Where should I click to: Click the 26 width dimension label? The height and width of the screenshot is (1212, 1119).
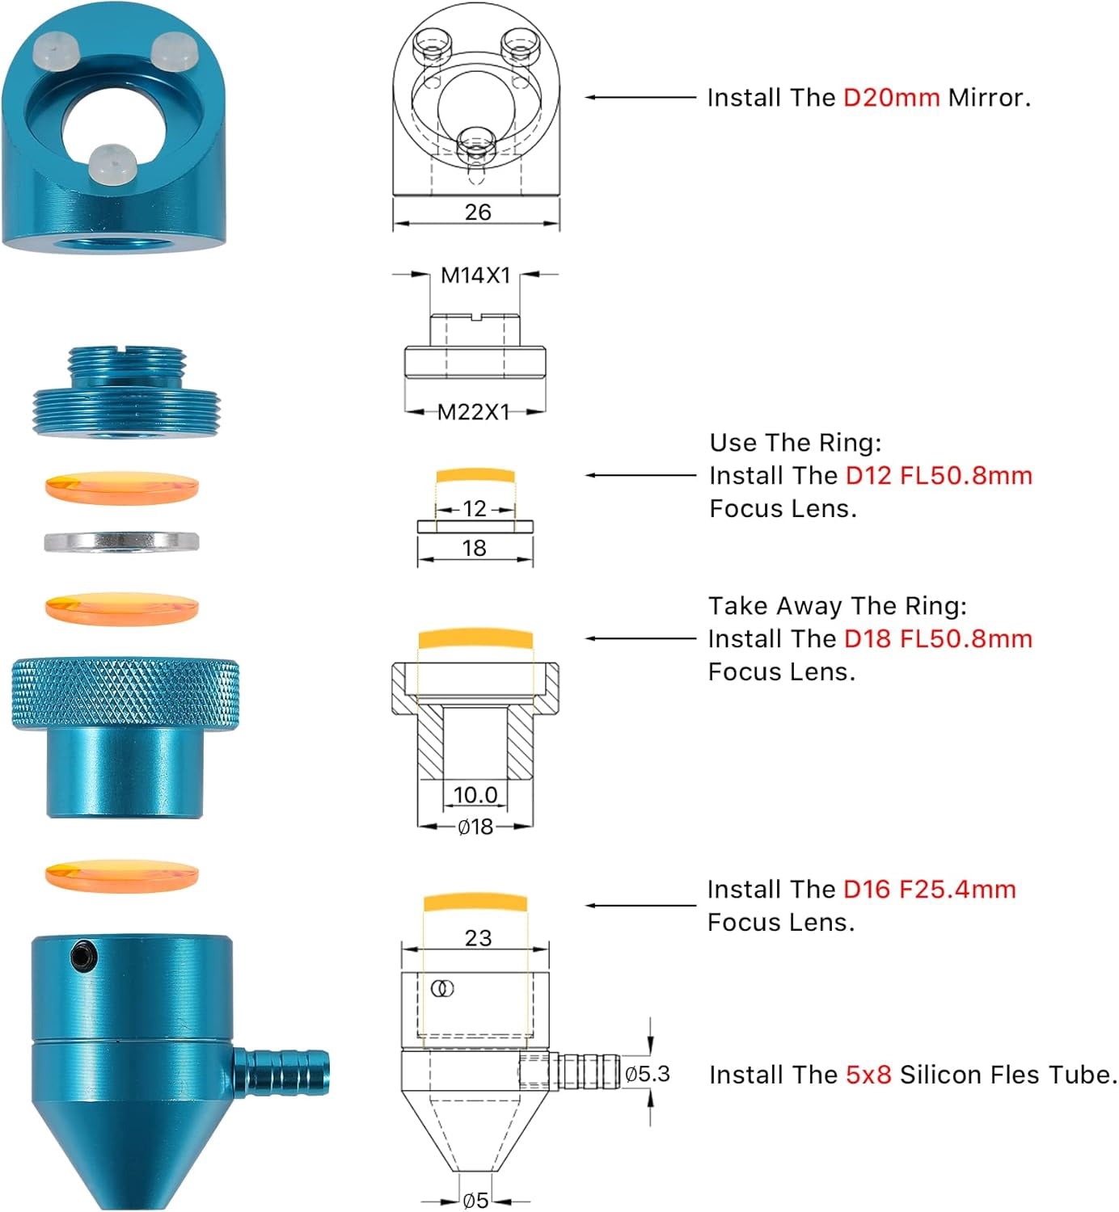(477, 212)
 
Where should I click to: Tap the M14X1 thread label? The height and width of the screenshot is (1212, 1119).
(475, 276)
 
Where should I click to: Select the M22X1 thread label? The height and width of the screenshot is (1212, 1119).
(473, 412)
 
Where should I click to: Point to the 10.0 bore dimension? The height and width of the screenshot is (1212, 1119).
(475, 794)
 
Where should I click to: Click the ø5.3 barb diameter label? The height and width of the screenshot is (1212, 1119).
(648, 1074)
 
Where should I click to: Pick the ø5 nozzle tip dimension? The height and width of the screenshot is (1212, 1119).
(475, 1201)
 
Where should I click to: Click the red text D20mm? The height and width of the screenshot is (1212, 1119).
(891, 98)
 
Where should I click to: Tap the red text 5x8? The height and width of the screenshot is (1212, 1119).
(868, 1075)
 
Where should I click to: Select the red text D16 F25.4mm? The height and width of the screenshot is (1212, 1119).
(930, 889)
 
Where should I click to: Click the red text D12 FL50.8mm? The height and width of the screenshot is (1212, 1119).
(939, 475)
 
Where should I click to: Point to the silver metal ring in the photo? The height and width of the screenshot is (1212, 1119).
(121, 541)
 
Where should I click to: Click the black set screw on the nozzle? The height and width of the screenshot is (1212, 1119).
(83, 955)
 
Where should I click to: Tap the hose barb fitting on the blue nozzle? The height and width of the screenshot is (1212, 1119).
(281, 1071)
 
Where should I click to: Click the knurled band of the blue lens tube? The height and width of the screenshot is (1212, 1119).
(125, 692)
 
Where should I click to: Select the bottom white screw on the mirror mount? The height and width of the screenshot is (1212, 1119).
(111, 163)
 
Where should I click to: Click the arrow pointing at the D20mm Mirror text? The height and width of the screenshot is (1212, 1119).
(640, 97)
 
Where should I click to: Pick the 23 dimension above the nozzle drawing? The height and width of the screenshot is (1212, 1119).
(478, 937)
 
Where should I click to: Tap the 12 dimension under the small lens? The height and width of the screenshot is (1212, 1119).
(475, 508)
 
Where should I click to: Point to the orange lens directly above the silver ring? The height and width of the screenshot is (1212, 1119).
(121, 488)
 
